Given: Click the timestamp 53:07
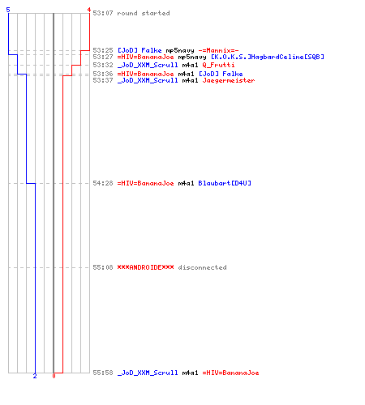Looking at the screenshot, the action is [x=103, y=13].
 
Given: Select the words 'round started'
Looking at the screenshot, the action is [x=144, y=13].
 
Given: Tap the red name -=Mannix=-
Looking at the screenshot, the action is [x=218, y=50].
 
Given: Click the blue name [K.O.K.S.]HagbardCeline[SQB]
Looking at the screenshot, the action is [x=268, y=57].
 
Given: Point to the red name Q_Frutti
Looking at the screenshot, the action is [x=218, y=65].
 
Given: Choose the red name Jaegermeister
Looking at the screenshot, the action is [x=229, y=80].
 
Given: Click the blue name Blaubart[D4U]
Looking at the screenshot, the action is [x=225, y=183].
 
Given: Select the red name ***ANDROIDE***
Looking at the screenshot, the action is [x=145, y=267].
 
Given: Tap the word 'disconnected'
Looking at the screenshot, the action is [x=202, y=267].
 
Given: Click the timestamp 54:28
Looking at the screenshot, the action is [x=103, y=183].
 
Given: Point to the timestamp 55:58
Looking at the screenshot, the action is [x=103, y=373].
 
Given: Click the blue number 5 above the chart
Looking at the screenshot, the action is [x=8, y=10].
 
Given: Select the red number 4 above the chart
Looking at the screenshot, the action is [x=89, y=10].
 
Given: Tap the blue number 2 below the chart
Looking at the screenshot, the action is [x=35, y=376].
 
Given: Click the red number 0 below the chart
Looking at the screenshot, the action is [x=54, y=376].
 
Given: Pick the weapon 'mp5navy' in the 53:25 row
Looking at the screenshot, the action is [x=180, y=50].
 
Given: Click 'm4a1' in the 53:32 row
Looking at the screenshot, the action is [x=190, y=65].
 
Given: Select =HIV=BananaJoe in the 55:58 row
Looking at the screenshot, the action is [x=230, y=373].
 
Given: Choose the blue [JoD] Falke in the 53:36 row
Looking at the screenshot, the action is [x=221, y=74].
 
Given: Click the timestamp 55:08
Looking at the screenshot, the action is [x=103, y=267].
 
